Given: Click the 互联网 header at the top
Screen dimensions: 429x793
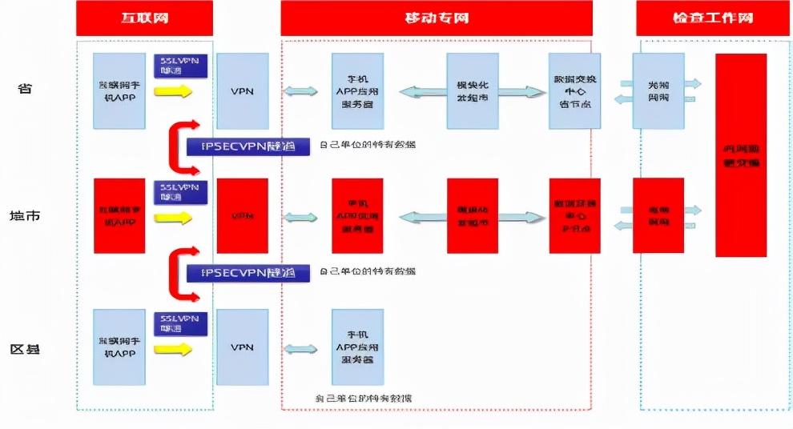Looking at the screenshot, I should tap(144, 18).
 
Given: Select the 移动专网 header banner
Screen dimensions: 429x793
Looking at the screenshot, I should tap(437, 18).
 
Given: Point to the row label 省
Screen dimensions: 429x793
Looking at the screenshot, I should tap(26, 89).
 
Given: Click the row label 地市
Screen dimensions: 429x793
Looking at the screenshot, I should tap(26, 216).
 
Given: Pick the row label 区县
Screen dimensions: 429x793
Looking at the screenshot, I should tap(26, 349).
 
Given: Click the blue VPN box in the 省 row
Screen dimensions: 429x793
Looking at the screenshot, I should tap(243, 90).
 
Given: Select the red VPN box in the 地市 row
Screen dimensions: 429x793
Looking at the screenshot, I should tap(243, 216).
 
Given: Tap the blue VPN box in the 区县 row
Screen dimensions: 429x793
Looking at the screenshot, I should tap(243, 347).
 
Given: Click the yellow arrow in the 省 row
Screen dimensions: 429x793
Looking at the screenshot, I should tap(174, 91).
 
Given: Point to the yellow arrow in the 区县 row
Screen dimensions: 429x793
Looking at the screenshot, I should tap(174, 349).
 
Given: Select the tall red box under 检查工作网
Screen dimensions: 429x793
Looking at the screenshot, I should tap(741, 155).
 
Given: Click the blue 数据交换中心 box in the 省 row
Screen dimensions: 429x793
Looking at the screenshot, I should tap(574, 90).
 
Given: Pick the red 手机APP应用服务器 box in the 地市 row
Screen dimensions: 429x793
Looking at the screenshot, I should tap(357, 216).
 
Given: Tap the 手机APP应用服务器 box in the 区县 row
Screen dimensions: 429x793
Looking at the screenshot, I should tap(357, 347).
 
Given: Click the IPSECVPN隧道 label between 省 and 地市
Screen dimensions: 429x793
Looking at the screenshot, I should tap(248, 146).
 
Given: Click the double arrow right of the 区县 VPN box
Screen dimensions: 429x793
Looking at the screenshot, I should tap(300, 349).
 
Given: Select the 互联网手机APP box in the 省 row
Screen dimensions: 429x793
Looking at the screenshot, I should tap(119, 90).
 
